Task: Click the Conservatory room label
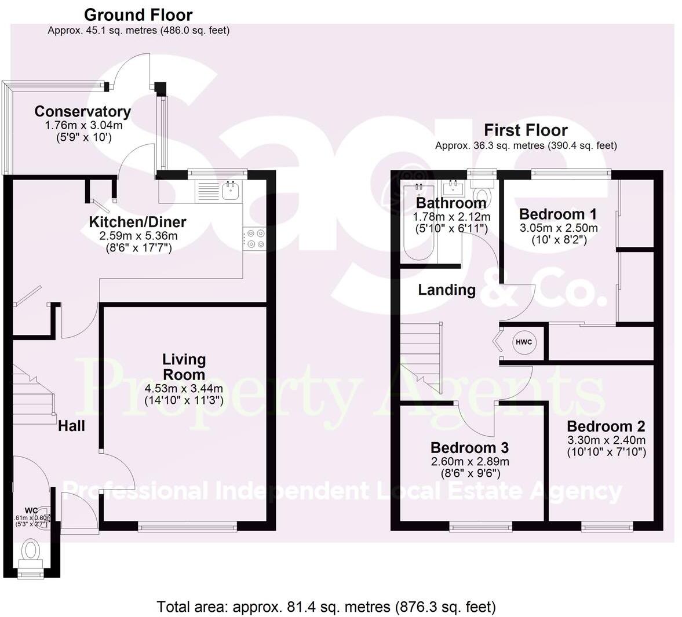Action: pyautogui.click(x=82, y=111)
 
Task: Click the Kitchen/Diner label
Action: pyautogui.click(x=137, y=222)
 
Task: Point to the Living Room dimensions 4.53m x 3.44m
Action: pyautogui.click(x=184, y=388)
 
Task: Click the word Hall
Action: pyautogui.click(x=71, y=426)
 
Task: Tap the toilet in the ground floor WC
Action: pyautogui.click(x=30, y=549)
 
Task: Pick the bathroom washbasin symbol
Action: pyautogui.click(x=451, y=188)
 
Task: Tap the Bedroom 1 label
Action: pyautogui.click(x=558, y=214)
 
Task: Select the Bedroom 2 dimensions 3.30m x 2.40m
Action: pyautogui.click(x=606, y=440)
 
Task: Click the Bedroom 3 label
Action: pyautogui.click(x=469, y=448)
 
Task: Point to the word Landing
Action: pyautogui.click(x=447, y=290)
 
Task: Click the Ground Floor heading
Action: pyautogui.click(x=138, y=15)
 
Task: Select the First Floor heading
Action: pyautogui.click(x=526, y=130)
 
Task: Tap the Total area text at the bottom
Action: pyautogui.click(x=326, y=607)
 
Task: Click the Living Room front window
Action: pyautogui.click(x=187, y=526)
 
